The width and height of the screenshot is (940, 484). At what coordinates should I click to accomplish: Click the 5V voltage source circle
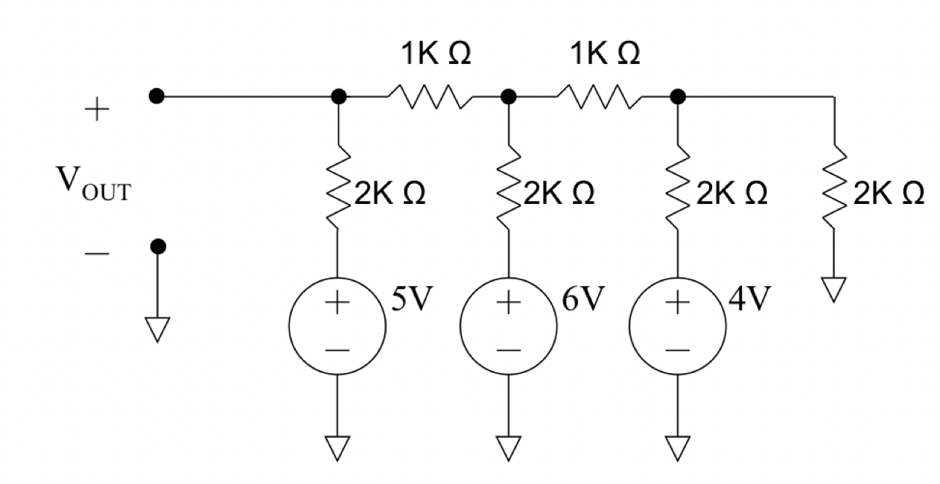coord(338,326)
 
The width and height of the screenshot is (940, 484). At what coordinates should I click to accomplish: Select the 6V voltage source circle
coord(509,326)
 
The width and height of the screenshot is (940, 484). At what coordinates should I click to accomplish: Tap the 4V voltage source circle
coord(678,326)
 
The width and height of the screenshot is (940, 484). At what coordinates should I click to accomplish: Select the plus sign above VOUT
coord(96,112)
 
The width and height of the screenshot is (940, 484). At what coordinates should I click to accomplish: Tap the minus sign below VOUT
coord(96,253)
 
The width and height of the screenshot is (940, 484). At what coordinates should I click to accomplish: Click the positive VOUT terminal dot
coord(156,96)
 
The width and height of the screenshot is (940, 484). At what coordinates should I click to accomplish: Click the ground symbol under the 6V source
coord(509,448)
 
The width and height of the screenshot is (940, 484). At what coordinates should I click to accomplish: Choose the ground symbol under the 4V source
coord(678,448)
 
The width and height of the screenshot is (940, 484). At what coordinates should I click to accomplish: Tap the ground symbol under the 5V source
coord(338,448)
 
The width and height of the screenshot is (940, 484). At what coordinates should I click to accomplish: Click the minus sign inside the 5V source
coord(338,349)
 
